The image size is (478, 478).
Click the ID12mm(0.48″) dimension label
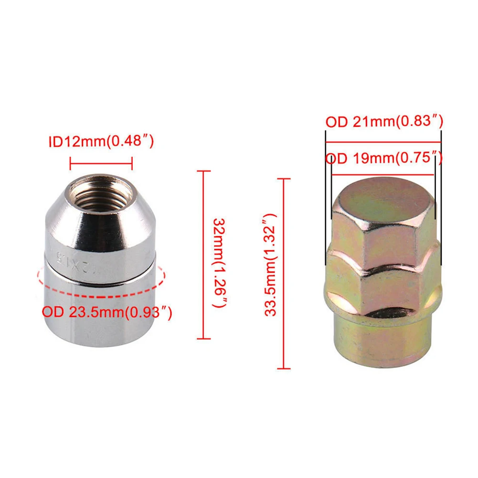tap(101, 141)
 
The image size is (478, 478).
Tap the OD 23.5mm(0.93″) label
tap(107, 312)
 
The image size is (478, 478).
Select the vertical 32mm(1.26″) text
tap(220, 263)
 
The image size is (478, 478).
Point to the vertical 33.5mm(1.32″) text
tap(271, 265)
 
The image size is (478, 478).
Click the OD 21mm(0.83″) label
tap(384, 122)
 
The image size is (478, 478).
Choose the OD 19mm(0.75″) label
tap(384, 158)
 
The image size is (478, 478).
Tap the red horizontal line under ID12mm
tap(101, 164)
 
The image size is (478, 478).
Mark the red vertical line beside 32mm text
tap(203, 255)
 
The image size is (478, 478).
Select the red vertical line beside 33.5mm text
tap(284, 274)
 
